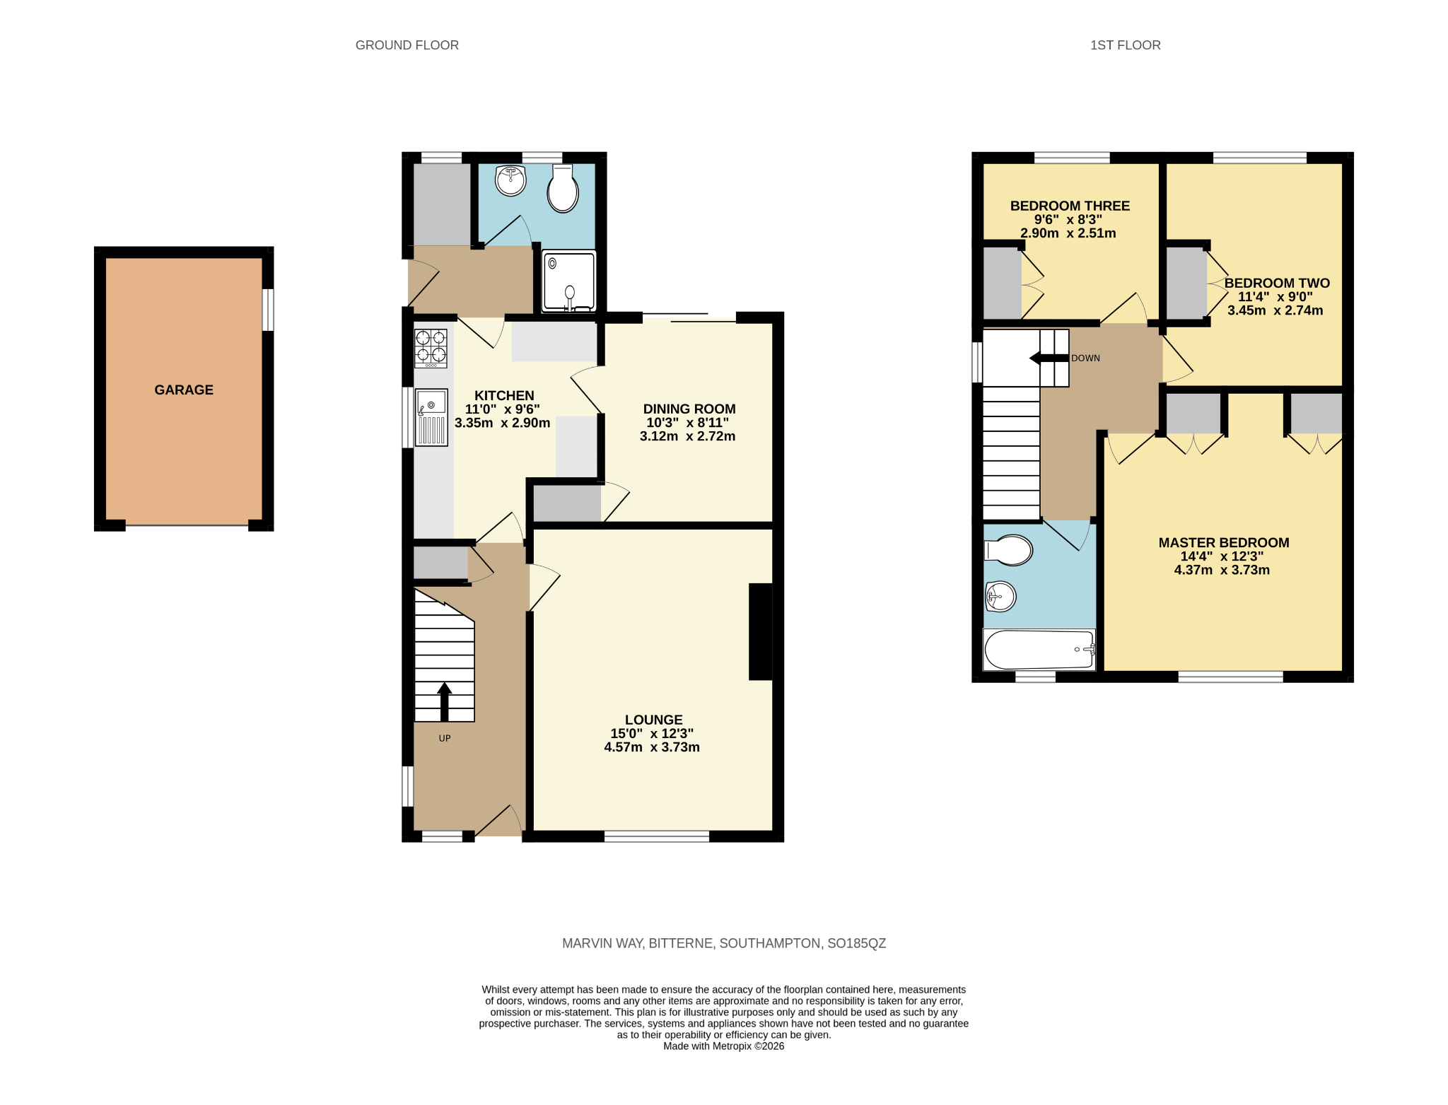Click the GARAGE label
click(x=184, y=390)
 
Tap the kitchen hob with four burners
click(x=431, y=348)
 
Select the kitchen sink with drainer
click(x=431, y=417)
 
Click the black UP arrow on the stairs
click(x=445, y=701)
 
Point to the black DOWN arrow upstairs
click(x=1049, y=358)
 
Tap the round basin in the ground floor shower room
click(x=510, y=180)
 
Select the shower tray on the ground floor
click(x=569, y=281)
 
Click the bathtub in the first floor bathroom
click(x=1039, y=649)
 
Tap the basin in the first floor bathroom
click(x=1000, y=597)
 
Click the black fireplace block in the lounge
click(x=761, y=631)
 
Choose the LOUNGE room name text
click(x=654, y=720)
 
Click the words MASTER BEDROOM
click(x=1224, y=542)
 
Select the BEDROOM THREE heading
click(x=1070, y=206)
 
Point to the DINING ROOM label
click(x=689, y=409)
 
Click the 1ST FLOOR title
click(x=1126, y=45)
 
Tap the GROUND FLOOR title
click(x=407, y=45)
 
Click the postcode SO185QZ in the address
click(x=857, y=943)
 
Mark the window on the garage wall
click(x=268, y=310)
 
